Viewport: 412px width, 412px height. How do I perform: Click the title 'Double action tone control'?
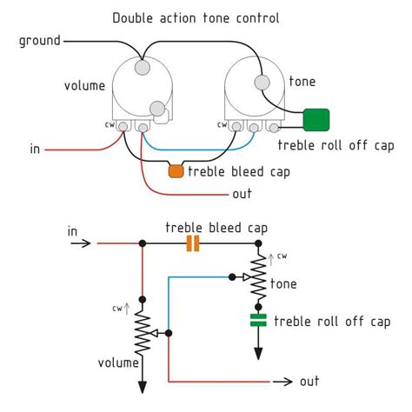coord(206,18)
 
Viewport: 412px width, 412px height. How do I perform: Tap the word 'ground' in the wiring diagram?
coord(40,41)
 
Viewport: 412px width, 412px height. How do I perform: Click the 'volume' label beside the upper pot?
coord(84,85)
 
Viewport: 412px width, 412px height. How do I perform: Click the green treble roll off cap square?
coord(316,119)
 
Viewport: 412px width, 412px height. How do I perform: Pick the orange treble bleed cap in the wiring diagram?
coord(176,172)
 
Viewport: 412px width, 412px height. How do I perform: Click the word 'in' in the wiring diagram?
coord(35,150)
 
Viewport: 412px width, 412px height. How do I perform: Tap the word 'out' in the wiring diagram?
coord(242,193)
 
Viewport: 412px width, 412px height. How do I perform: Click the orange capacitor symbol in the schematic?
coord(193,245)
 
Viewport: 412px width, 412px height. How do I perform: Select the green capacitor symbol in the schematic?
coord(257,320)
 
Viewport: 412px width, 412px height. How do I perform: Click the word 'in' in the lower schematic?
coord(73,231)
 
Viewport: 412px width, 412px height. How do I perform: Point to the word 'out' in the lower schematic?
coord(309,381)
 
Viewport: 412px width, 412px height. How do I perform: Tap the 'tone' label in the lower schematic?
coord(284,283)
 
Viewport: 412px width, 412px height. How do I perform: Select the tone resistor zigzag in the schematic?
coord(257,277)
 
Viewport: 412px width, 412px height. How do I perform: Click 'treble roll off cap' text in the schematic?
coord(332,321)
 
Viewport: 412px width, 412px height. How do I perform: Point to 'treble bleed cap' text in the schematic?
coord(216,228)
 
